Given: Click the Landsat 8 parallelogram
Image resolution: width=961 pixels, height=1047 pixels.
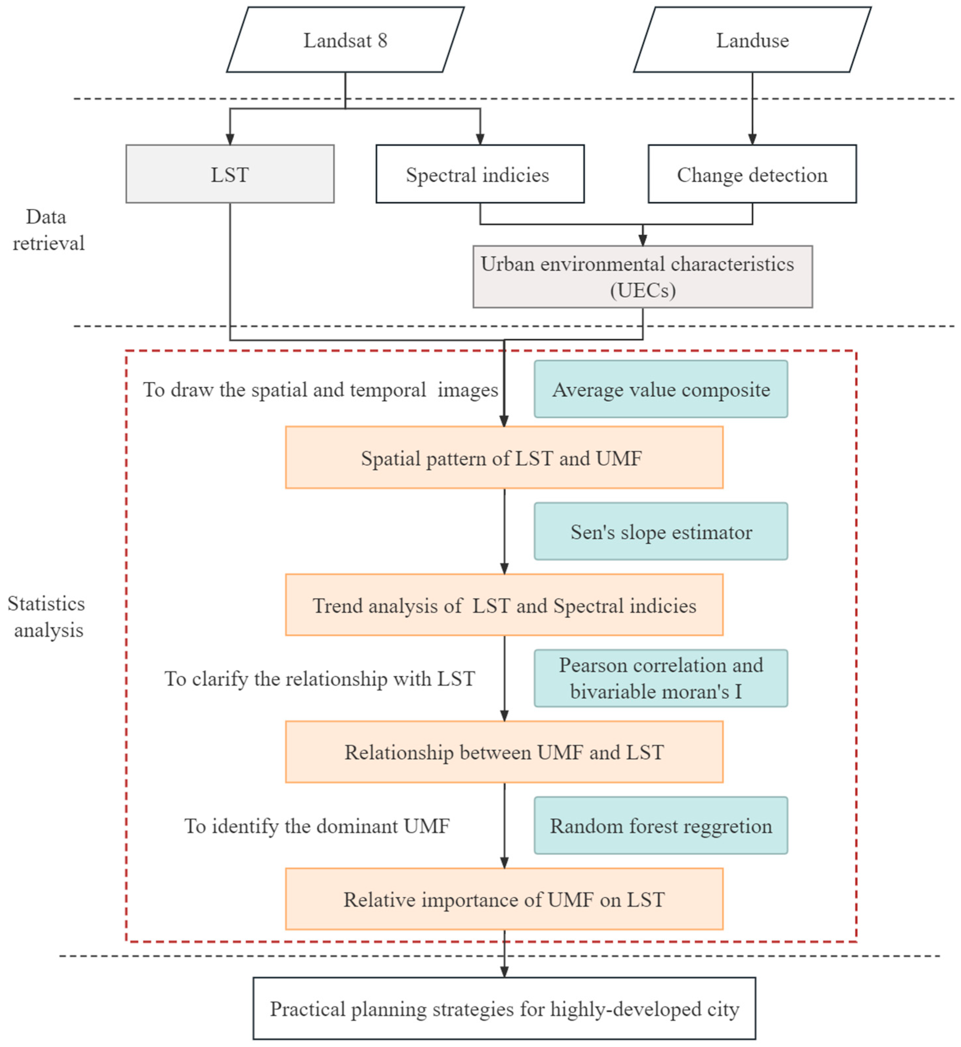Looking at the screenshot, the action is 345,39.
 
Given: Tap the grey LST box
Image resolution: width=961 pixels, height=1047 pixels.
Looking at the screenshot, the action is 230,174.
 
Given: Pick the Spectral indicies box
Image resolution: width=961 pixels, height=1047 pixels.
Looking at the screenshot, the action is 480,174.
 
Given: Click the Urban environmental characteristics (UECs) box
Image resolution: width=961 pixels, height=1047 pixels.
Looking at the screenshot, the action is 643,276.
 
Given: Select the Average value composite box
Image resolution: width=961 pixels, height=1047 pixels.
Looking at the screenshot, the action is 661,389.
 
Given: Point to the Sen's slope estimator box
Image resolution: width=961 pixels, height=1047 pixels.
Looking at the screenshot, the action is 661,531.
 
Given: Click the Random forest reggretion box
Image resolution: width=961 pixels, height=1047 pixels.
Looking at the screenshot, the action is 661,825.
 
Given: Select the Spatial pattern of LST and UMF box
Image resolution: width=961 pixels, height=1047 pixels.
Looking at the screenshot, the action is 504,458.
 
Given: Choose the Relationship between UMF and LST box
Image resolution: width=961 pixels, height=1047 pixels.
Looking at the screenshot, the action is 504,752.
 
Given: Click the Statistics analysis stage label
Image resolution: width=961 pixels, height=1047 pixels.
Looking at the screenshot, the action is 47,617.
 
